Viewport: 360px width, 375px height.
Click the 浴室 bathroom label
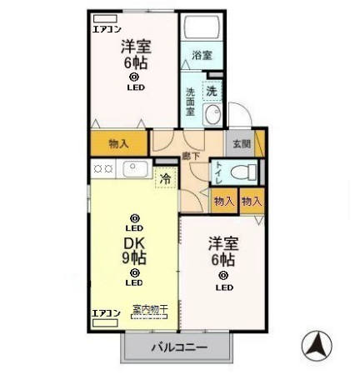tap(202, 56)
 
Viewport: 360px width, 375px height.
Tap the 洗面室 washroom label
tap(190, 101)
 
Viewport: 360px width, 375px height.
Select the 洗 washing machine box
tap(212, 90)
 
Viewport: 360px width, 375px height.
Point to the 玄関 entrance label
tap(242, 142)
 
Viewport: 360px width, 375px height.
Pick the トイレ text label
tap(218, 172)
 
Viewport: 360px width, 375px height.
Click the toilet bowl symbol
tap(242, 172)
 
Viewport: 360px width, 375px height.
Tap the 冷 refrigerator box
tap(165, 177)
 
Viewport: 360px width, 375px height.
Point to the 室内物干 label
tap(150, 309)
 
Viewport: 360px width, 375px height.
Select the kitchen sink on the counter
tap(135, 169)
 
